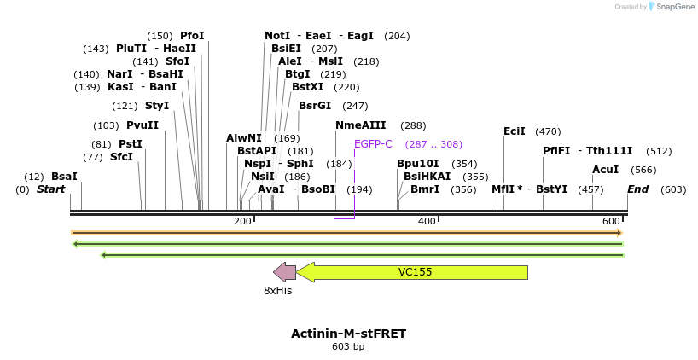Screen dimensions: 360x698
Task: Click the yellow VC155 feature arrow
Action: point(415,272)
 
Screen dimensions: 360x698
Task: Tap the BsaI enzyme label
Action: point(64,176)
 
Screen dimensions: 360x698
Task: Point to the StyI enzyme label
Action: point(157,105)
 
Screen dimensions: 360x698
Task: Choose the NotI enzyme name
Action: point(277,36)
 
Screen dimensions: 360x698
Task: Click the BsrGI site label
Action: point(315,105)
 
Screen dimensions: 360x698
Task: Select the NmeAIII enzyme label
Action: point(361,125)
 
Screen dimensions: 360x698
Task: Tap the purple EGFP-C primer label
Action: point(373,144)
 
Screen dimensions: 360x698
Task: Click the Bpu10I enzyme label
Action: point(418,163)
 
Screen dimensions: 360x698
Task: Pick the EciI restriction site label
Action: point(515,131)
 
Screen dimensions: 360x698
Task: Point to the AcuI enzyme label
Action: point(605,170)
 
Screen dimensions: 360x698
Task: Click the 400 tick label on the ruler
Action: point(426,222)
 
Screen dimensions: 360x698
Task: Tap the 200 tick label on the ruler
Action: point(242,222)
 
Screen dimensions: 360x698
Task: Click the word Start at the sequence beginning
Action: point(50,189)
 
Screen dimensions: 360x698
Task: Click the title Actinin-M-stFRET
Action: point(348,334)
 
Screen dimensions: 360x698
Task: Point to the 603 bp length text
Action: point(348,347)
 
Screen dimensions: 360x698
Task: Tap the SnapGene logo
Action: point(672,7)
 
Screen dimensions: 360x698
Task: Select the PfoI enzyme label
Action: point(192,36)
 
